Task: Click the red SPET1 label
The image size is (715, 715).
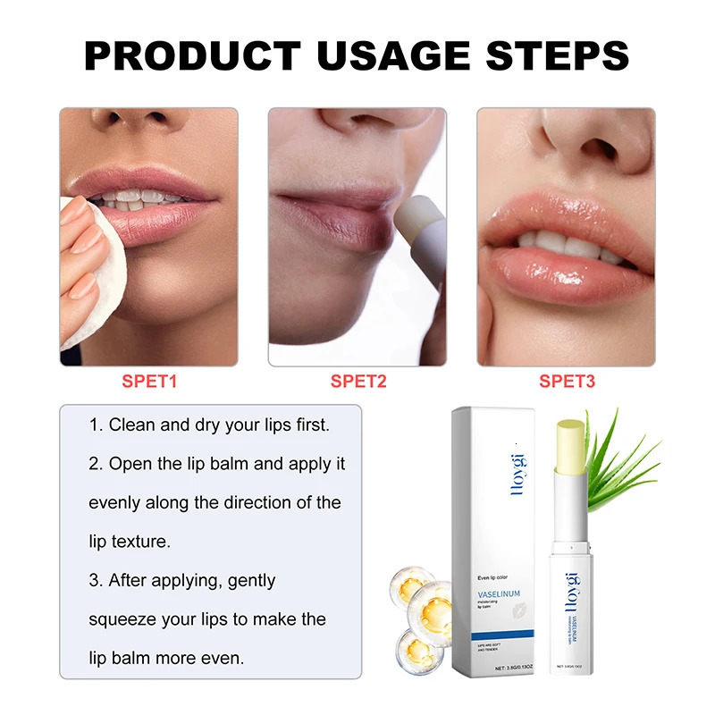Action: click(x=149, y=382)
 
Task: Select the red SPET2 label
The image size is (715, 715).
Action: click(x=358, y=382)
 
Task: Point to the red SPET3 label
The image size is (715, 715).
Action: click(x=567, y=382)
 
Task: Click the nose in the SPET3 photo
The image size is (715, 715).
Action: click(x=572, y=147)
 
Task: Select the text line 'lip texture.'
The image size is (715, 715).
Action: click(x=130, y=542)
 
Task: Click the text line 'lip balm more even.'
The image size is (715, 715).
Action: click(x=166, y=658)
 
